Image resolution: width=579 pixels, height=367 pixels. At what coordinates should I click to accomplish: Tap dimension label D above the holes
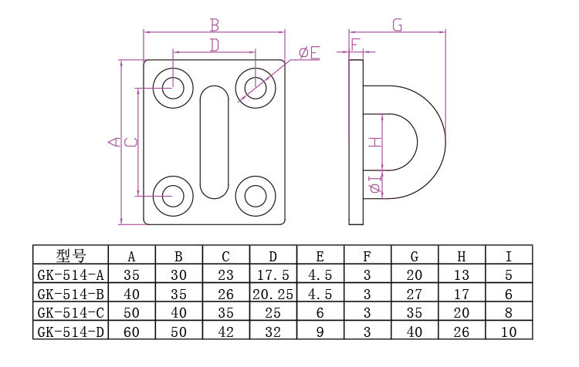coord(215,45)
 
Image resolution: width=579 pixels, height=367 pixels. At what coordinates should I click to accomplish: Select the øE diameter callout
coord(309,52)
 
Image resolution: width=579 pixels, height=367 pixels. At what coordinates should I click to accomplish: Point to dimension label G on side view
coord(397,25)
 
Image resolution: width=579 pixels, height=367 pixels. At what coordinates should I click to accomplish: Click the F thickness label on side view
coord(355,45)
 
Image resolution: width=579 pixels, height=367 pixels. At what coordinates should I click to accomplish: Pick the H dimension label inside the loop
coord(374,142)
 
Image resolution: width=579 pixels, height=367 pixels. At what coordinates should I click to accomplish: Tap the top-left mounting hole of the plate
coord(173,86)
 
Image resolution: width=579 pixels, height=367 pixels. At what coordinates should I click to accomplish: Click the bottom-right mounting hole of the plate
coord(255,197)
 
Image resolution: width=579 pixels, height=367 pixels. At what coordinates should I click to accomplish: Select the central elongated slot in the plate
coord(214,140)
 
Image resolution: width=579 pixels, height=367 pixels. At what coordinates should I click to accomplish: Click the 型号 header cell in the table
coord(71,256)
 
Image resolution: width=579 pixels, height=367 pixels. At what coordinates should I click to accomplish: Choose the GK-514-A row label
coord(70,274)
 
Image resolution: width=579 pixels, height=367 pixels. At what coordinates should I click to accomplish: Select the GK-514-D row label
coord(70,332)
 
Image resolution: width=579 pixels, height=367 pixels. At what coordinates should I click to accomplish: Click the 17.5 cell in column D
coord(273,274)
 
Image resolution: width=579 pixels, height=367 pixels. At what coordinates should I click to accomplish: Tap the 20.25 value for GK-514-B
coord(273,294)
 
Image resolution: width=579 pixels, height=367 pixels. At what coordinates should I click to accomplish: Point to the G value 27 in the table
coord(415,294)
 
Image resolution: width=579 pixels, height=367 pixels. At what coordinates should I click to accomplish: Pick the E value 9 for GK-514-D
coord(320,332)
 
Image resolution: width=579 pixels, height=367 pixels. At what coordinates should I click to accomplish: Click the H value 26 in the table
coord(462,332)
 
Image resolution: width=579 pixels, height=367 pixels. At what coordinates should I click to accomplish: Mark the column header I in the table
coord(509,256)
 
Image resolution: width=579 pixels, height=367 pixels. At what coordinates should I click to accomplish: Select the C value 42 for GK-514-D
coord(225,332)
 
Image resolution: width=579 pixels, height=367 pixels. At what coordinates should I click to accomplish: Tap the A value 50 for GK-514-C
coord(131,313)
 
